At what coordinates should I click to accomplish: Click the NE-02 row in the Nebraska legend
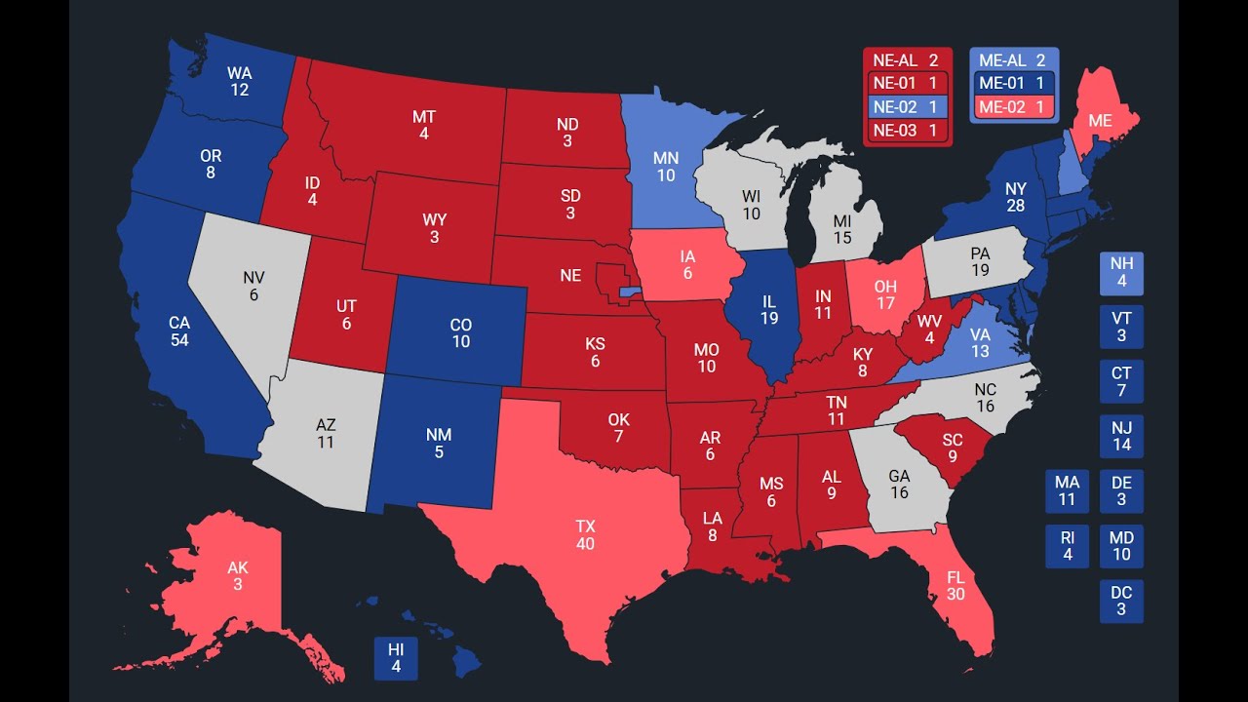pyautogui.click(x=907, y=107)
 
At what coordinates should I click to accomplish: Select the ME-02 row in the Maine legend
pyautogui.click(x=1014, y=107)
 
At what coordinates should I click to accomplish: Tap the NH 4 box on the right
pyautogui.click(x=1121, y=273)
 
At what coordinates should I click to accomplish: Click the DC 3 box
pyautogui.click(x=1121, y=601)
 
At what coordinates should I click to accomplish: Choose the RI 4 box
pyautogui.click(x=1067, y=546)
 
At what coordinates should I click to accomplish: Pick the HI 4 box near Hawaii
pyautogui.click(x=396, y=658)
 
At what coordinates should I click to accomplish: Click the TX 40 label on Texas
pyautogui.click(x=585, y=534)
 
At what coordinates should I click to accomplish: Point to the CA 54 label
pyautogui.click(x=178, y=331)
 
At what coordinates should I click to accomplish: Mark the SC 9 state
pyautogui.click(x=952, y=448)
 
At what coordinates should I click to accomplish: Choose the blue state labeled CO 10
pyautogui.click(x=460, y=332)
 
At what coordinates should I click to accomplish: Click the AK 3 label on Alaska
pyautogui.click(x=237, y=575)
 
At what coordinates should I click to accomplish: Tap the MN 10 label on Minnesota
pyautogui.click(x=665, y=167)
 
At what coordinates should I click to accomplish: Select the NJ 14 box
pyautogui.click(x=1121, y=437)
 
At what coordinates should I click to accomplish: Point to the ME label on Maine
pyautogui.click(x=1100, y=121)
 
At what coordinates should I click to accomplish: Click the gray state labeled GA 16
pyautogui.click(x=898, y=485)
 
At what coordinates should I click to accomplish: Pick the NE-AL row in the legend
pyautogui.click(x=907, y=60)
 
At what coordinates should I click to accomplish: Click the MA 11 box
pyautogui.click(x=1067, y=491)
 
